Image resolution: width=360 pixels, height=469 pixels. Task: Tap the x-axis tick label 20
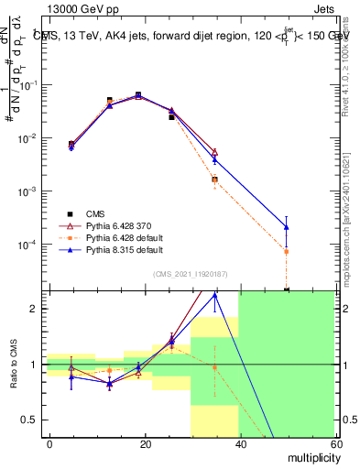[146, 443]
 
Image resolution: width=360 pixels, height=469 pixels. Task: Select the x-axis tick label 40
[241, 443]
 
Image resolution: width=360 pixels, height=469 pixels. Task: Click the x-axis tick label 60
[335, 443]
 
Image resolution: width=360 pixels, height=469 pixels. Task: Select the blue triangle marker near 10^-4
[287, 226]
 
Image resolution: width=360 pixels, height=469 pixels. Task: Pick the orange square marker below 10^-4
[287, 251]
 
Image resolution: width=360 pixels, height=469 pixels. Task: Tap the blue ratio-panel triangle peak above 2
[215, 295]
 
